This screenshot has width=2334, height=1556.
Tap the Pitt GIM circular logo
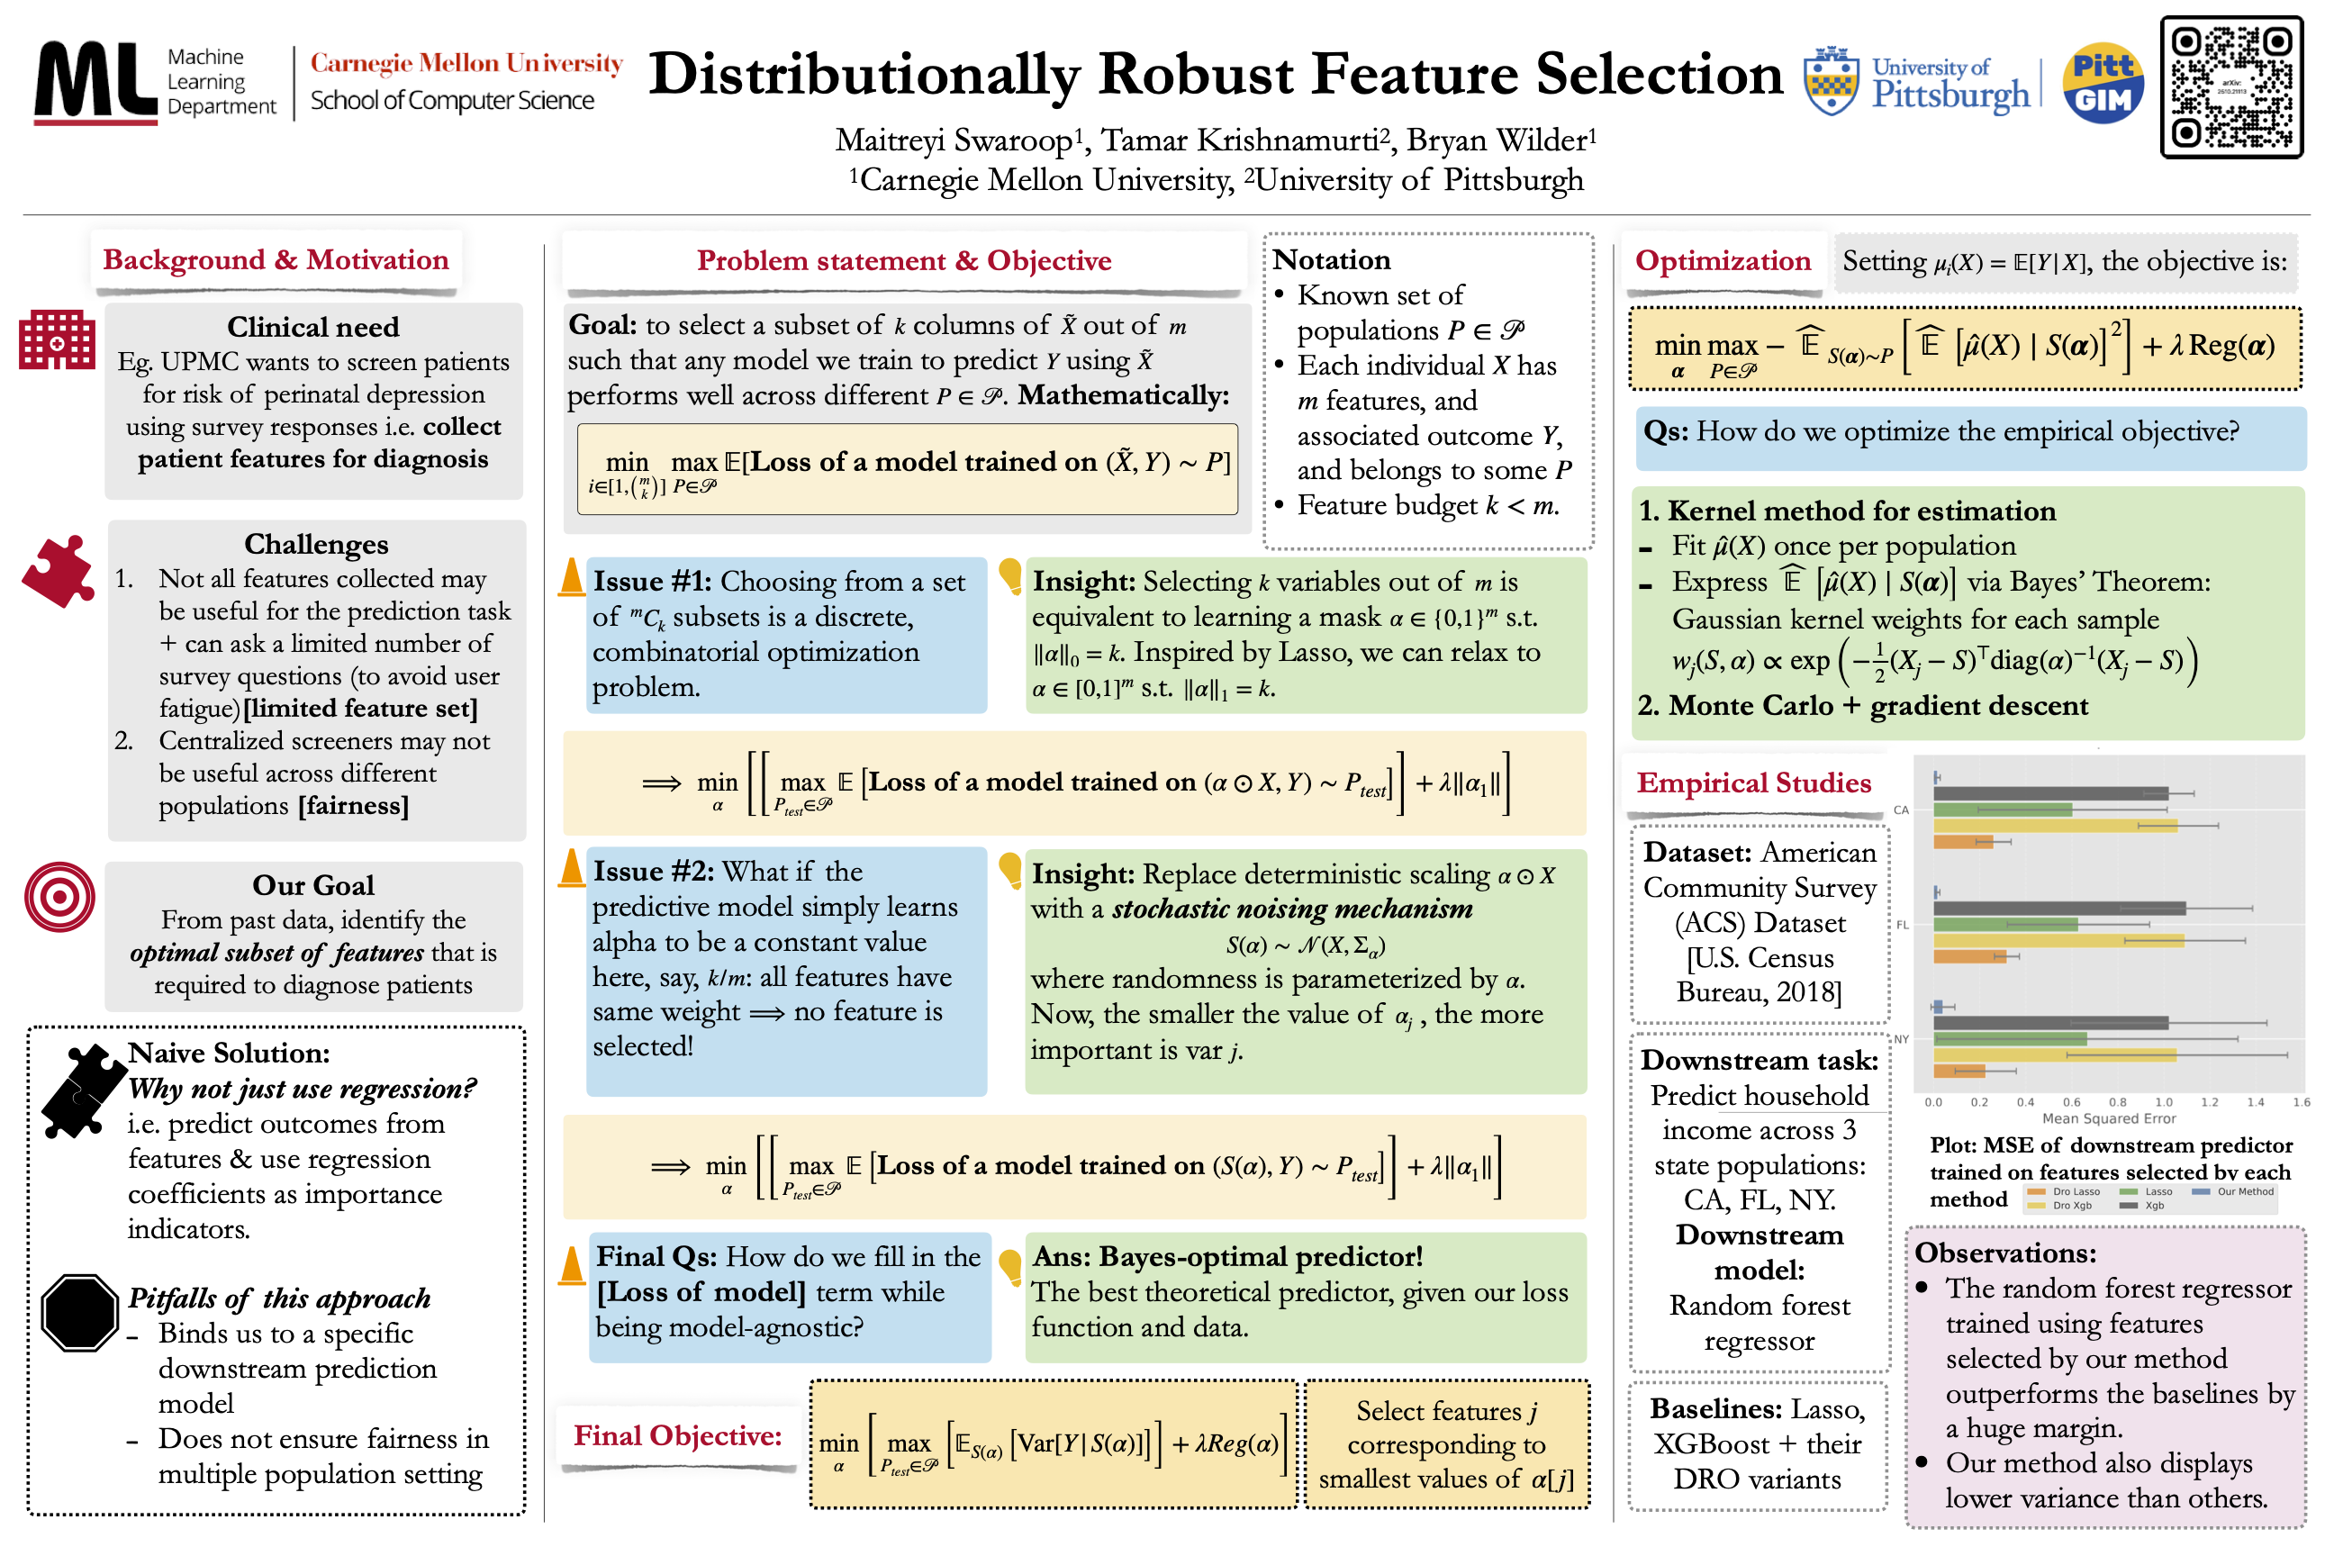point(2102,84)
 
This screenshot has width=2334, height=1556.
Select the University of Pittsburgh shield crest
point(1831,81)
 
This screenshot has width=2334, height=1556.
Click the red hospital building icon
point(57,339)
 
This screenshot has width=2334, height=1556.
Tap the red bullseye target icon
point(59,896)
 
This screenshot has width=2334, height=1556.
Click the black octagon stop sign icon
point(79,1312)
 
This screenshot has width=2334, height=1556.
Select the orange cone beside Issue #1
point(572,577)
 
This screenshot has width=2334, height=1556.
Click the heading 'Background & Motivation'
point(276,260)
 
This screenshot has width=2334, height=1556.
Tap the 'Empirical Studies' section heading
point(1753,783)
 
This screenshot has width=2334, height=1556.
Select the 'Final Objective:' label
point(678,1435)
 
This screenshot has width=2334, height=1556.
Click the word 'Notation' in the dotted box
point(1331,260)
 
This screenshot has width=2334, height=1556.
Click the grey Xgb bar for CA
point(2049,793)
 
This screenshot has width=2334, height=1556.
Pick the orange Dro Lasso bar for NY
point(1958,1071)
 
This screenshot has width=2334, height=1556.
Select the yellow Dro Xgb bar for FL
point(2058,940)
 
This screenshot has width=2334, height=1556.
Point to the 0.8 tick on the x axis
point(2117,1101)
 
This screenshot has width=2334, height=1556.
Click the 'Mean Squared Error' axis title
point(2108,1118)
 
